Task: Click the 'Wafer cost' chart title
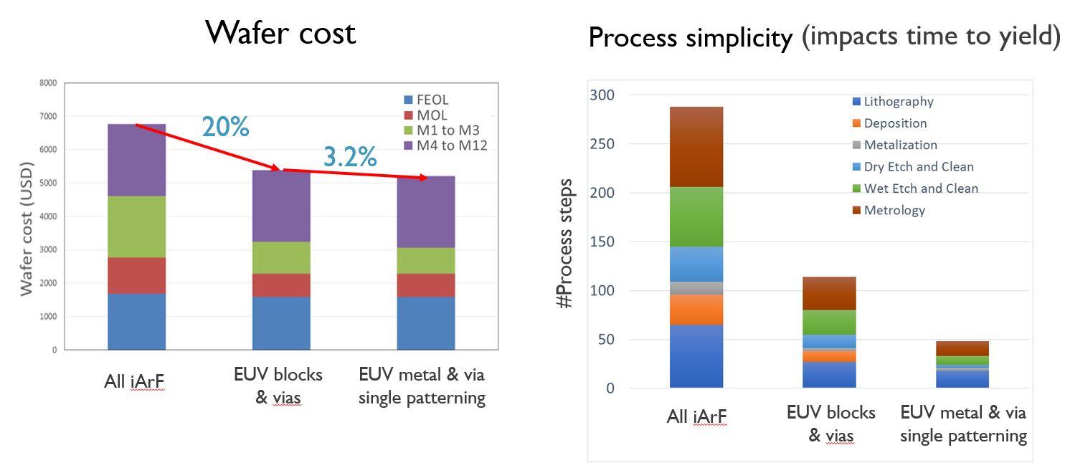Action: (280, 33)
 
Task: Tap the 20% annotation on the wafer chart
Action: (225, 127)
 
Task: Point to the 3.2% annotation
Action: (349, 156)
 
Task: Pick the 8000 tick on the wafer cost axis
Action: (48, 83)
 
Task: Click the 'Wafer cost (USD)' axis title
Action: (27, 229)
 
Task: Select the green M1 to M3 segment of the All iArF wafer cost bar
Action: (136, 226)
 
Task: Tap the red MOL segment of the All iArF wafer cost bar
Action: (136, 275)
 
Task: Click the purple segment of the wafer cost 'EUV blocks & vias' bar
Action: (281, 206)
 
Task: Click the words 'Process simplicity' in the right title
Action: (690, 37)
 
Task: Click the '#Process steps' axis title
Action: (566, 244)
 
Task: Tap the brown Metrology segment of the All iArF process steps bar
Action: (696, 146)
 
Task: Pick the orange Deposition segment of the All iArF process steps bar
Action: (696, 310)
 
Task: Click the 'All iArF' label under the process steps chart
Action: (696, 416)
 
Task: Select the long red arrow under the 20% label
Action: (208, 148)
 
